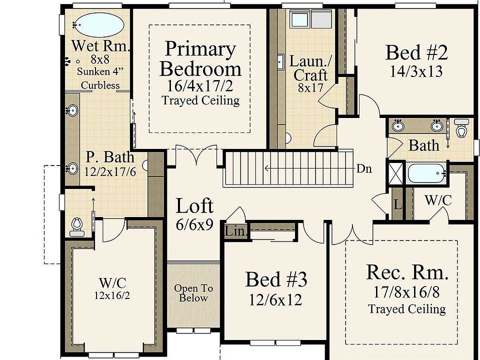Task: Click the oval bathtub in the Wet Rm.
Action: (x=99, y=23)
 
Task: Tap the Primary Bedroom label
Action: (x=200, y=59)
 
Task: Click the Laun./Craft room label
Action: (x=310, y=68)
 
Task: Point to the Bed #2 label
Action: (x=416, y=52)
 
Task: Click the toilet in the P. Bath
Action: (x=76, y=226)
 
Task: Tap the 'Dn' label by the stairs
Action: (x=363, y=168)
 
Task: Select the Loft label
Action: (x=194, y=206)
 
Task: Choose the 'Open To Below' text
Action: (x=193, y=293)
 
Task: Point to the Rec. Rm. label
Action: (x=407, y=272)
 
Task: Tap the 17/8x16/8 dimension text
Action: (x=406, y=291)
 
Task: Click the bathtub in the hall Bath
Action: (x=425, y=174)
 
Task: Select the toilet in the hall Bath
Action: (x=461, y=129)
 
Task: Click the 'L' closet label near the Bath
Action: (x=397, y=204)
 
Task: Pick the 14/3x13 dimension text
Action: (x=416, y=71)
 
